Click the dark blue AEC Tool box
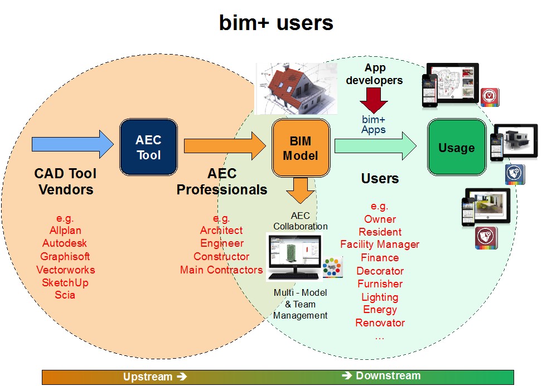coord(148,148)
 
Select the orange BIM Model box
coord(301,148)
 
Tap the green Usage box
coord(457,148)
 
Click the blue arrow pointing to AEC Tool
coord(72,144)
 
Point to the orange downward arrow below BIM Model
coord(301,190)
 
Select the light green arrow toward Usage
coord(375,146)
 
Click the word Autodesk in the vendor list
coord(65,243)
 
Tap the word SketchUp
coord(65,282)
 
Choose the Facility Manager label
coord(380,245)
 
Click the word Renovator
coord(380,323)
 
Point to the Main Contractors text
coord(221,270)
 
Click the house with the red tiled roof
coord(296,89)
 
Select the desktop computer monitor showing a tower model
coord(294,257)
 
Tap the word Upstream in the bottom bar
coord(148,377)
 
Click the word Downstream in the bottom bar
coord(388,375)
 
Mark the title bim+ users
coord(276,23)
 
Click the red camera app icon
coord(490,97)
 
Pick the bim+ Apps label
coord(373,125)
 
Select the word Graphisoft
coord(65,257)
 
